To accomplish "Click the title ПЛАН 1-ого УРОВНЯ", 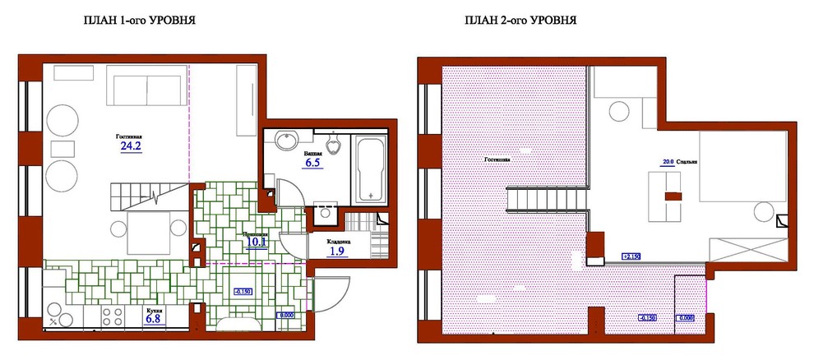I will (x=139, y=20).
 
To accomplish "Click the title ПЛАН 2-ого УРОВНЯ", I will (x=520, y=20).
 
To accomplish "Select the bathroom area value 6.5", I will (x=312, y=163).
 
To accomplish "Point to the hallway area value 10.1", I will (x=256, y=241).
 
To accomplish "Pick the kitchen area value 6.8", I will (x=153, y=319).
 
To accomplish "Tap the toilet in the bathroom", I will (x=334, y=145).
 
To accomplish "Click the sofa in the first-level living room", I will (x=147, y=89).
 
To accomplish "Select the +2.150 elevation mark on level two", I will (x=632, y=256).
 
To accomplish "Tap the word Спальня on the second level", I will (x=687, y=163).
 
